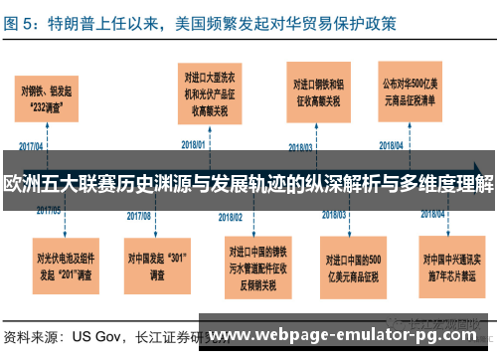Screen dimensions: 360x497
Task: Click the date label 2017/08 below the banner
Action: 139,214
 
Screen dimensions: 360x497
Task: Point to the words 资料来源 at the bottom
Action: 30,336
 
